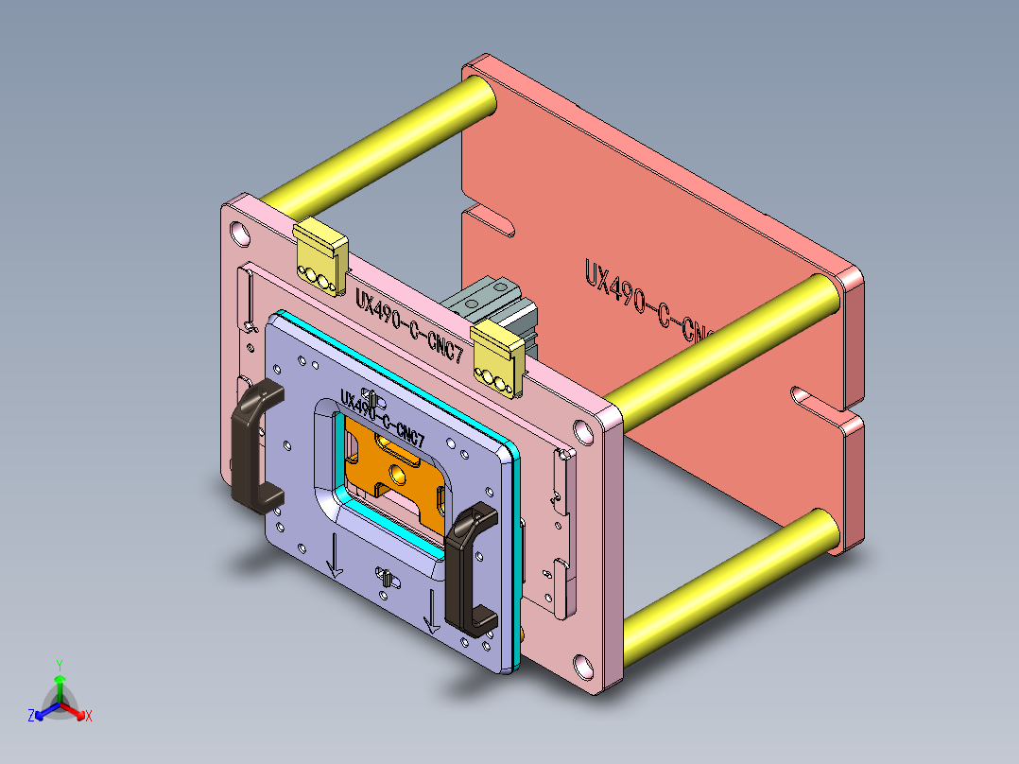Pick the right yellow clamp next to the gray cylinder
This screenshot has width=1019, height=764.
(497, 357)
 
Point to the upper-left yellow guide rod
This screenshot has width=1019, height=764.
(378, 142)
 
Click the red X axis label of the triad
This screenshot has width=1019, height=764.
(88, 717)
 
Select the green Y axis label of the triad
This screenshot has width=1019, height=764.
(59, 665)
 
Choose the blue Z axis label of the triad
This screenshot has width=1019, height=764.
(31, 716)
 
